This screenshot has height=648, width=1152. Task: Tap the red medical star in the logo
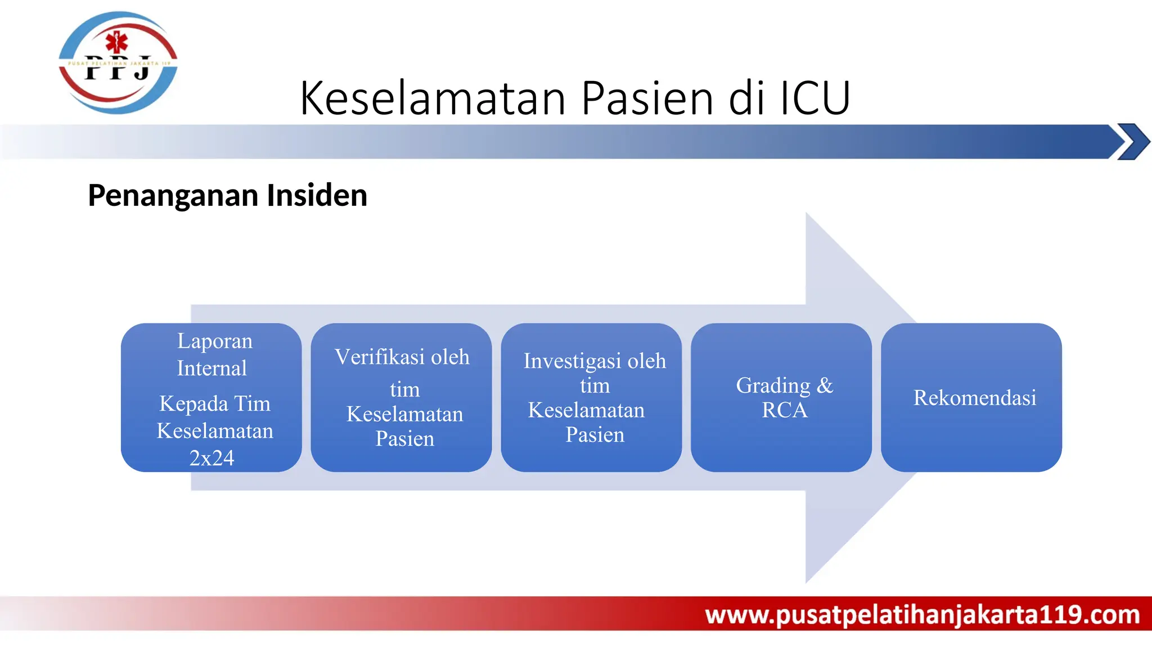117,42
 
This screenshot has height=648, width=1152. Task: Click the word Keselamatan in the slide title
433,98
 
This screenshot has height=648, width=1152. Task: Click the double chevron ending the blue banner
1132,142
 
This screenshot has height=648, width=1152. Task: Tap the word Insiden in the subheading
317,196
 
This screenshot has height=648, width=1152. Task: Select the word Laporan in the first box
215,341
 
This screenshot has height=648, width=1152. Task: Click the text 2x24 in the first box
211,458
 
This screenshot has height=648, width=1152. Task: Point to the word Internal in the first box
211,368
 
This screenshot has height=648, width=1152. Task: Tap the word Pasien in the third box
595,435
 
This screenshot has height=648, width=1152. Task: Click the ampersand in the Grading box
825,386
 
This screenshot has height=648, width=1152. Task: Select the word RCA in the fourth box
784,410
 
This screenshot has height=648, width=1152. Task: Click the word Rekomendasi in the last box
974,398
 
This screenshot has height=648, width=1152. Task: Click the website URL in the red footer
922,614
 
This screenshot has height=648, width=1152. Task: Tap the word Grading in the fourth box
773,386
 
